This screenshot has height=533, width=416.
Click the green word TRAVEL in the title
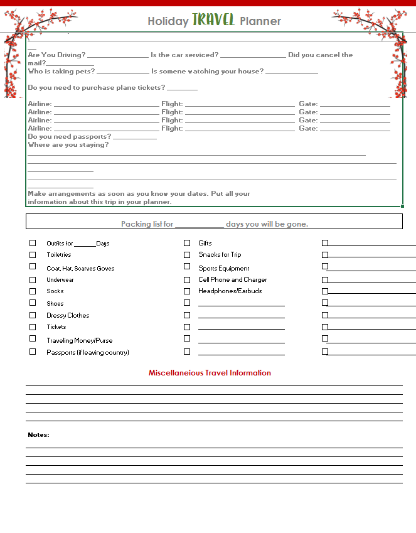(213, 20)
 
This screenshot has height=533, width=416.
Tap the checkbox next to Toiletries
(33, 255)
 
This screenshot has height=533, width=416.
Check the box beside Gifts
(187, 243)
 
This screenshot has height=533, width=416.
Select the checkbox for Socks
(33, 291)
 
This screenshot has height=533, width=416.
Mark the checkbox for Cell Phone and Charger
(187, 280)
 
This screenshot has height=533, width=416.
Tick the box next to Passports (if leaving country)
(33, 352)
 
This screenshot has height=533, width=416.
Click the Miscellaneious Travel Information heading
(210, 373)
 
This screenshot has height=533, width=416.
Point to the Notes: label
(38, 435)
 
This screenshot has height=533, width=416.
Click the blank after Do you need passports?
(135, 137)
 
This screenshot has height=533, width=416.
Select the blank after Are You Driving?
(118, 55)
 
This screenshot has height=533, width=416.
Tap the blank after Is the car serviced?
(253, 55)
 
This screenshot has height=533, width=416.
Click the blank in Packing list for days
(199, 224)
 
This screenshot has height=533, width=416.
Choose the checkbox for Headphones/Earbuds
(187, 291)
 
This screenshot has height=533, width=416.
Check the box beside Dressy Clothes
(33, 315)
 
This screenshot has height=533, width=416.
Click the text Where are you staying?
(68, 145)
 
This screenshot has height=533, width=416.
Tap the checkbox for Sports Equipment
(187, 268)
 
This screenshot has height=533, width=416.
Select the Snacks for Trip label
(220, 255)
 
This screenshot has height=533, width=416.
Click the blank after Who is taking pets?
(123, 72)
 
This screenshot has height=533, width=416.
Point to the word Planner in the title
(260, 21)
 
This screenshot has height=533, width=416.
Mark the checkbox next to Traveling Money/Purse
(33, 340)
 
